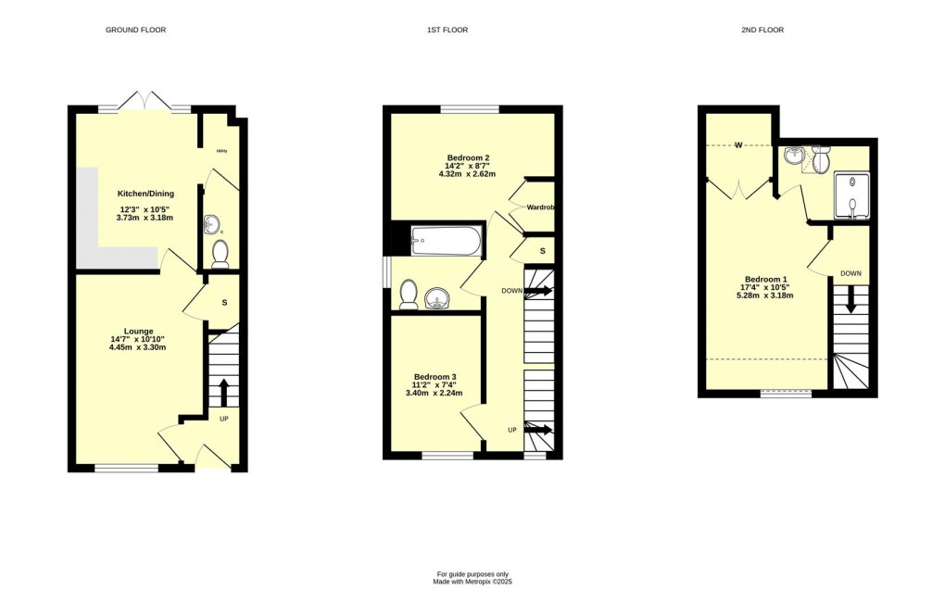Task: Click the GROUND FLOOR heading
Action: click(135, 31)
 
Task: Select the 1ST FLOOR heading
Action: click(447, 31)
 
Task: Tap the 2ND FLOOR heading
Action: click(762, 31)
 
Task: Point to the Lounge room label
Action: click(138, 331)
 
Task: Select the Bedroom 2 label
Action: click(460, 157)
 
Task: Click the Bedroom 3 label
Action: click(435, 377)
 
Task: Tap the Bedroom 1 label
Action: click(765, 280)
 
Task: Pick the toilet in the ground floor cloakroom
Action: click(220, 252)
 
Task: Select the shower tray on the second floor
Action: click(851, 195)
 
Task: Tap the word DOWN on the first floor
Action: click(511, 291)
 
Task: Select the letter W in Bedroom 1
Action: click(739, 144)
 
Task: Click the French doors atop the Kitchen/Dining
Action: click(145, 103)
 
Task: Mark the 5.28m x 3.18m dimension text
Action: click(765, 295)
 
